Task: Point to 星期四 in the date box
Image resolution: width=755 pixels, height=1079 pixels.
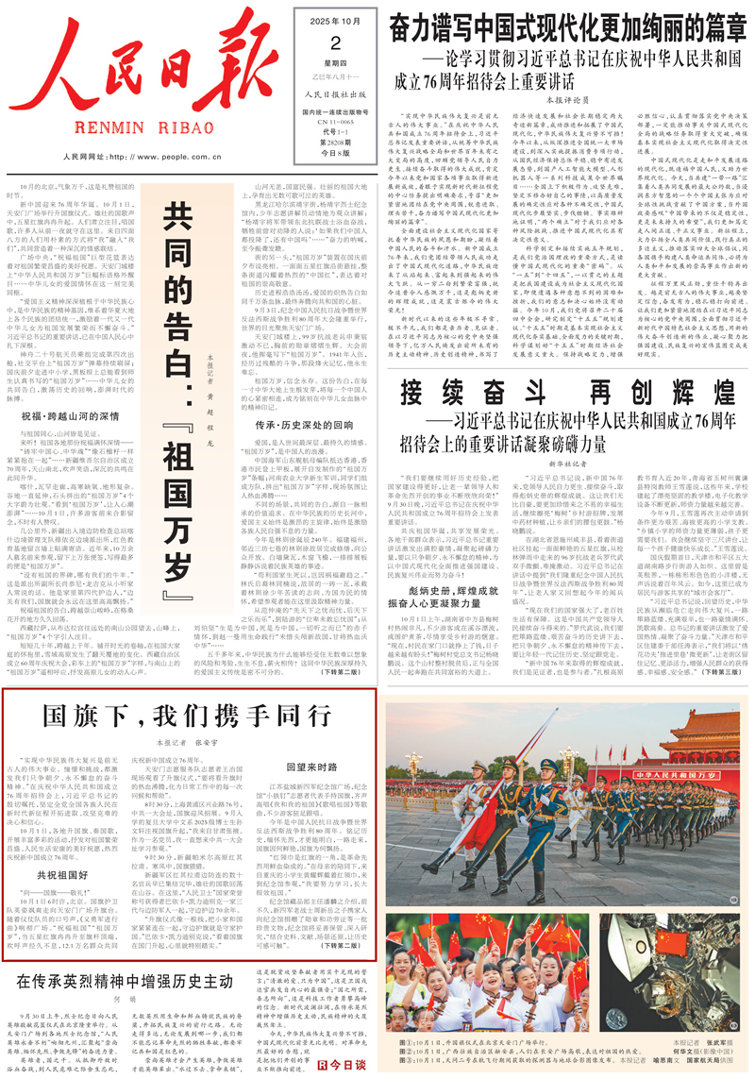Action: [x=333, y=64]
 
